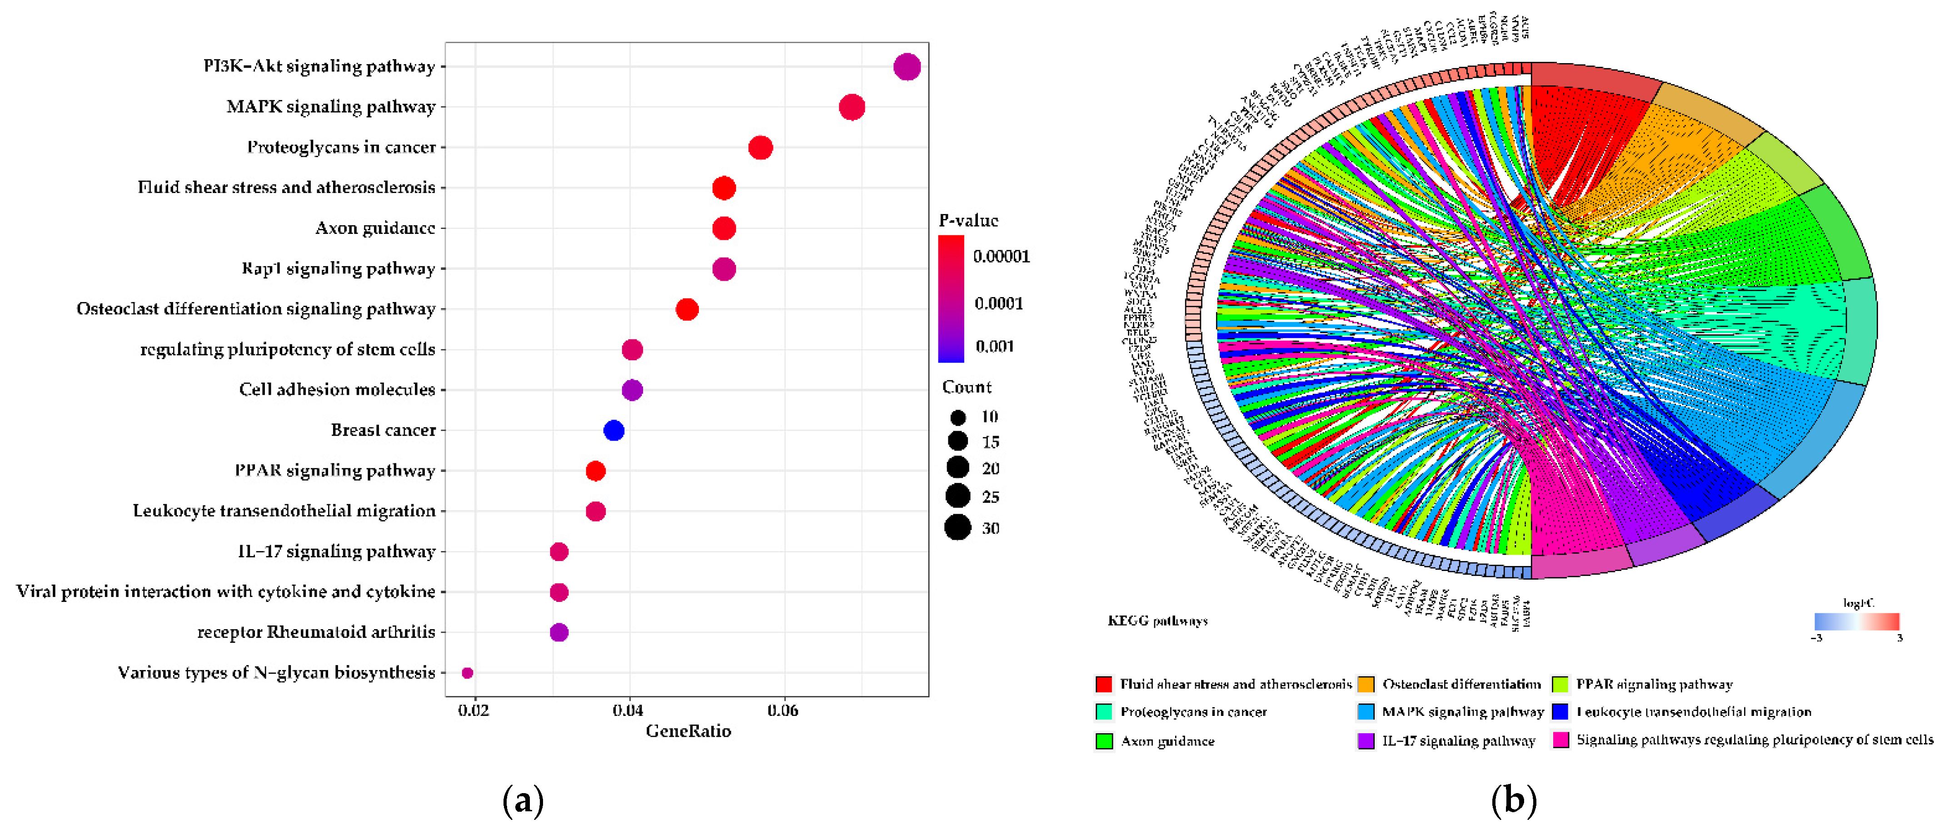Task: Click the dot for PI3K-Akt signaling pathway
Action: pyautogui.click(x=907, y=67)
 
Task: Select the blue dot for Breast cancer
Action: pyautogui.click(x=613, y=430)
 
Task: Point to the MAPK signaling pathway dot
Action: pyautogui.click(x=852, y=107)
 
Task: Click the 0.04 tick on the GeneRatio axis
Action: pyautogui.click(x=628, y=710)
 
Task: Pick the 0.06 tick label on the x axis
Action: pyautogui.click(x=783, y=710)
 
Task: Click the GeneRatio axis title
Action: pyautogui.click(x=688, y=731)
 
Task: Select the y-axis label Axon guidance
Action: pyautogui.click(x=375, y=228)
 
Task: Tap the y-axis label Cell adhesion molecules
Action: pyautogui.click(x=338, y=390)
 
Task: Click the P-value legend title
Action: pyautogui.click(x=968, y=220)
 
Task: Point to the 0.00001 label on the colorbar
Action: pyautogui.click(x=1001, y=256)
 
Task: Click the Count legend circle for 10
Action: pyautogui.click(x=958, y=417)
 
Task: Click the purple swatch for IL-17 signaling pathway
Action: pyautogui.click(x=1366, y=740)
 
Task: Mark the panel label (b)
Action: pyautogui.click(x=1514, y=800)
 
